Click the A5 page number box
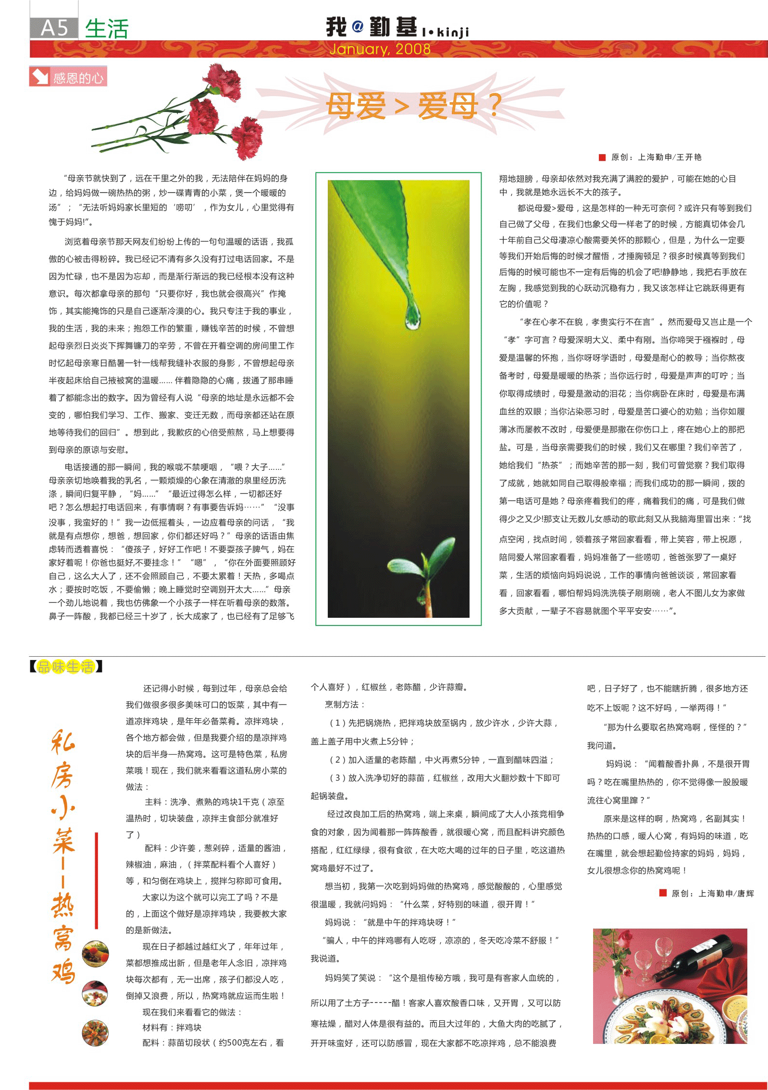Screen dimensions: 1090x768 point(54,28)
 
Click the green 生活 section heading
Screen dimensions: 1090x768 point(107,29)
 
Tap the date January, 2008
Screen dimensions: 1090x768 point(380,49)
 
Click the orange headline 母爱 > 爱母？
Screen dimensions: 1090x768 point(413,106)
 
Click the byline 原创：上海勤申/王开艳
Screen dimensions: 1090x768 point(656,157)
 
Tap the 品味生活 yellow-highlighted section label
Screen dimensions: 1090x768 point(66,666)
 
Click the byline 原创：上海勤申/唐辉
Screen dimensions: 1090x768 point(712,893)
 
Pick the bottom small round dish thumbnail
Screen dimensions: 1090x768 point(95,1032)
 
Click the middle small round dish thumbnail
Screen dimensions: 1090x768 point(95,993)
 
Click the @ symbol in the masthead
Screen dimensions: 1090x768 point(358,26)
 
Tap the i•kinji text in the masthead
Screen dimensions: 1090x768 point(445,32)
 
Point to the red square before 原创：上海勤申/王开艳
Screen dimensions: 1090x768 point(602,157)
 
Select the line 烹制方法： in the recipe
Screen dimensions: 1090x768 point(345,704)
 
